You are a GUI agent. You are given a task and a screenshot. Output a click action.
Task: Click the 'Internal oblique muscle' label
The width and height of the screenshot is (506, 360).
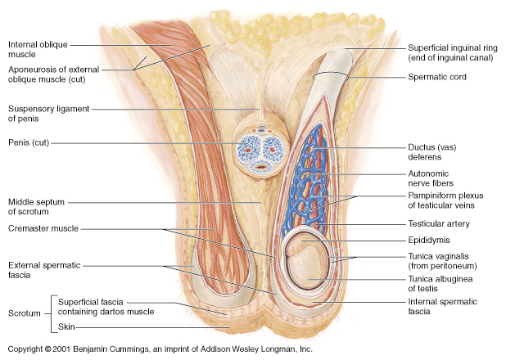(x=38, y=49)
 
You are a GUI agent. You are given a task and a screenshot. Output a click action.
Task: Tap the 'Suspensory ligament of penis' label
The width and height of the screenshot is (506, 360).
(x=48, y=114)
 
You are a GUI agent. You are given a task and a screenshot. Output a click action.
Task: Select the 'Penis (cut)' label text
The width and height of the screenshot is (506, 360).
(x=29, y=142)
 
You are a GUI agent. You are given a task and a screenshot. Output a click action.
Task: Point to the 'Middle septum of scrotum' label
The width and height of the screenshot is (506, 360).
(x=36, y=207)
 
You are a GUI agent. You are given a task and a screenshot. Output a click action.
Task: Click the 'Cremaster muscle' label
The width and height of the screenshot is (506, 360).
(x=43, y=228)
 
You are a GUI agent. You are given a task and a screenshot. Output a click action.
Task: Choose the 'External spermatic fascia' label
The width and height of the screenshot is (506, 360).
(x=44, y=270)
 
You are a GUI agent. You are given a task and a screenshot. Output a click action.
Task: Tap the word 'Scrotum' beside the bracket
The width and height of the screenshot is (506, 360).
(x=25, y=313)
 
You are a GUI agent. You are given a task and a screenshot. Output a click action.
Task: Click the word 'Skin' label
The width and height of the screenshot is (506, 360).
(x=66, y=326)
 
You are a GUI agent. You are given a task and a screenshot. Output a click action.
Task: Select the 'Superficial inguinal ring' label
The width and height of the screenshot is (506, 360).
(x=453, y=52)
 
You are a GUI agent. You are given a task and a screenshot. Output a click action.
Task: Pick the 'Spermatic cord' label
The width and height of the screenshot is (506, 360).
(x=437, y=77)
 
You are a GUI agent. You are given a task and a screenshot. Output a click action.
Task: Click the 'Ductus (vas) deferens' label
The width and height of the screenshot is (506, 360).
(x=432, y=152)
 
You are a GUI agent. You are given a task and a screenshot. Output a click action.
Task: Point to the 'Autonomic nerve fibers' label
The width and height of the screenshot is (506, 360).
(x=431, y=178)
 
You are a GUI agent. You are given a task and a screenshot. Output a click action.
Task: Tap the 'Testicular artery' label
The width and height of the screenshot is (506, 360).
(x=439, y=223)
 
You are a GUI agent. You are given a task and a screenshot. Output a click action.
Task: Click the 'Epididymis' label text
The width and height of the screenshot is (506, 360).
(x=429, y=240)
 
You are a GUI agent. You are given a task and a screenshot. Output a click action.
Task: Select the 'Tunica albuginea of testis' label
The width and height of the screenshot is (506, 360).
(x=440, y=284)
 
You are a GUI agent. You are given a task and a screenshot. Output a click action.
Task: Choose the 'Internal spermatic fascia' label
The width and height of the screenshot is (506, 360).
(x=442, y=307)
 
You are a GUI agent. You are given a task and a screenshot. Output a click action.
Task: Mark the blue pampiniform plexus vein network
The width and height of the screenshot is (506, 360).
(x=305, y=181)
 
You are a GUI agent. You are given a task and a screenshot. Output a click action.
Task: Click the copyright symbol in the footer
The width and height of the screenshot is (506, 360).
(x=47, y=349)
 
